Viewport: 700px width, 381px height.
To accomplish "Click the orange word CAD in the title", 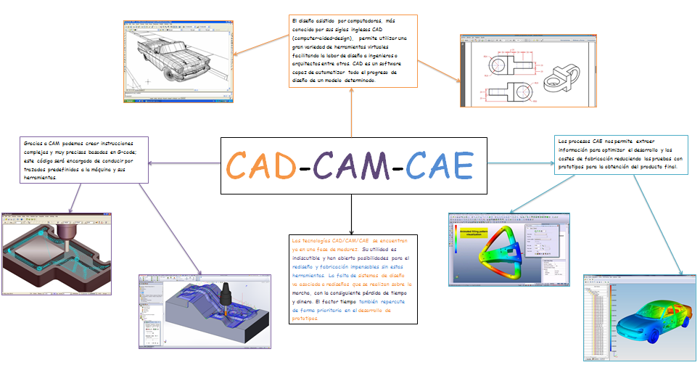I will point(261,165).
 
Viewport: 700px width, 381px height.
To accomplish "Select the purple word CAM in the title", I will point(351,165).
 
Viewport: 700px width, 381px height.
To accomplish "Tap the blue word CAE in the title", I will point(439,165).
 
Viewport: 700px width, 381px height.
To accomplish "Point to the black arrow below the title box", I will point(350,214).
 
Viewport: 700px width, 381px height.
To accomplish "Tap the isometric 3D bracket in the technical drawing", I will point(563,77).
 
